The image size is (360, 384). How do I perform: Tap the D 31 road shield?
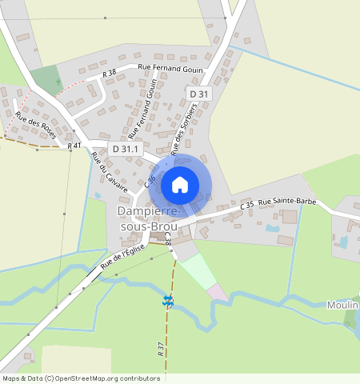click(199, 94)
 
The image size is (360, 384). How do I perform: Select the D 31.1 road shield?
click(126, 148)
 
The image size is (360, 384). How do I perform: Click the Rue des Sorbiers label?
click(184, 130)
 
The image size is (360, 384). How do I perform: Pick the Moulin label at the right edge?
click(342, 306)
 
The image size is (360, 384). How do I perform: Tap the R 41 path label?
click(74, 146)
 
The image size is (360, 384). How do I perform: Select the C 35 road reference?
click(247, 206)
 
